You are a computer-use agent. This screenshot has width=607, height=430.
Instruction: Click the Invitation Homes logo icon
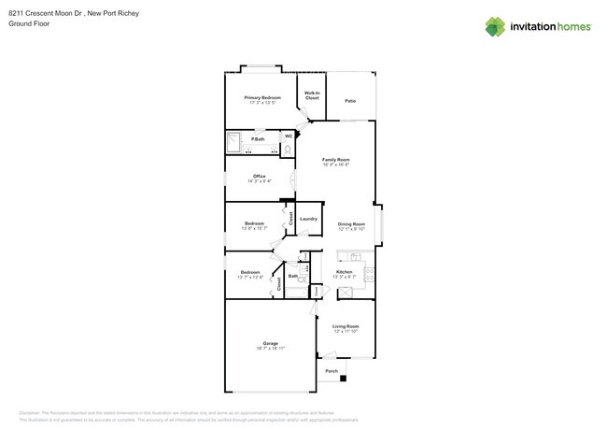[x=495, y=26]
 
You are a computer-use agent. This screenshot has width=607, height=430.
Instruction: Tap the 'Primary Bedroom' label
[x=262, y=97]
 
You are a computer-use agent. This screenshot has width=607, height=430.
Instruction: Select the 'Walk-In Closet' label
[x=312, y=95]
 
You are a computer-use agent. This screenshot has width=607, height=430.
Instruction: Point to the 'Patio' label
[x=349, y=101]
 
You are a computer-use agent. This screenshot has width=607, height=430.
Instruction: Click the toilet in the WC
[x=288, y=148]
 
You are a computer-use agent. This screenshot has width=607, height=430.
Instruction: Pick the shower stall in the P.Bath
[x=234, y=142]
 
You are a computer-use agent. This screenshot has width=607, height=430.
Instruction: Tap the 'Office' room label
[x=259, y=176]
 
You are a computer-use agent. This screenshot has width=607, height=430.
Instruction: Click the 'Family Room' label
[x=335, y=160]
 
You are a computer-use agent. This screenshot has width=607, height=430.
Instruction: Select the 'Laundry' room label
[x=308, y=219]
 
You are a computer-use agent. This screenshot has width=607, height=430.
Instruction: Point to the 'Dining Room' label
[x=351, y=223]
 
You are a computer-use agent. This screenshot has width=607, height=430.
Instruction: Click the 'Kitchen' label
[x=344, y=272]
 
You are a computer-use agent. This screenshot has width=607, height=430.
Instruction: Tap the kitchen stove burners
[x=370, y=274]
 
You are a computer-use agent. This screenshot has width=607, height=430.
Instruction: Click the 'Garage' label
[x=270, y=343]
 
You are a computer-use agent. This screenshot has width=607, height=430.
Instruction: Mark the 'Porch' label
[x=332, y=371]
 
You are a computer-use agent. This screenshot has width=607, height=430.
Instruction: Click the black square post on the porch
[x=343, y=379]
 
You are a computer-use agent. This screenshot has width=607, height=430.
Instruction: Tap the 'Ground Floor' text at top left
[x=28, y=24]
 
